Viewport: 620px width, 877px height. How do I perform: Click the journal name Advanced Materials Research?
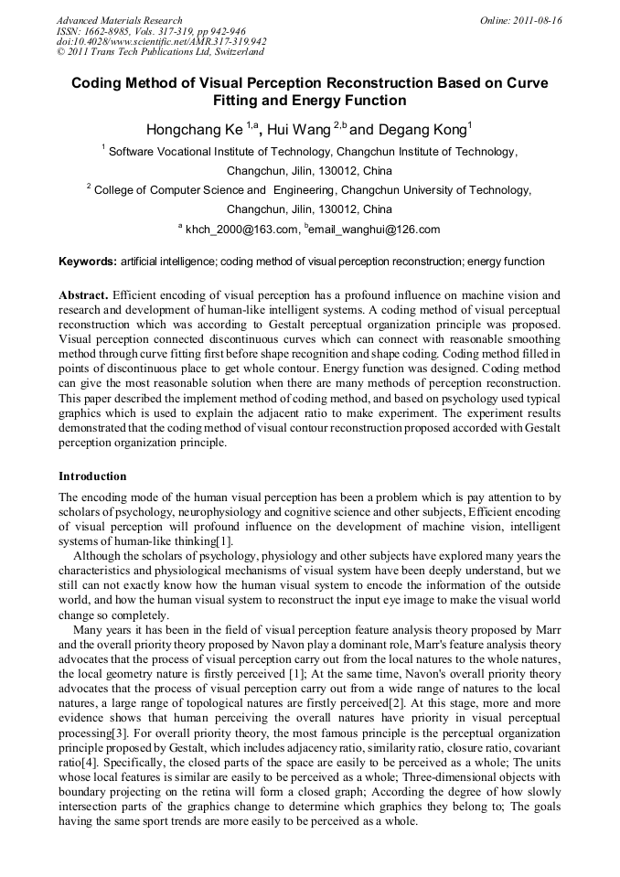(x=119, y=20)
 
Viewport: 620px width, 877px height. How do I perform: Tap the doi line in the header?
(x=161, y=42)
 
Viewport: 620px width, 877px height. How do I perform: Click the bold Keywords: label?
(x=88, y=262)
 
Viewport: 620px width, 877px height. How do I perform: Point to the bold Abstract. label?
(x=84, y=295)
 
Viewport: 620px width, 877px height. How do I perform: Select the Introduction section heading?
(x=92, y=476)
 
